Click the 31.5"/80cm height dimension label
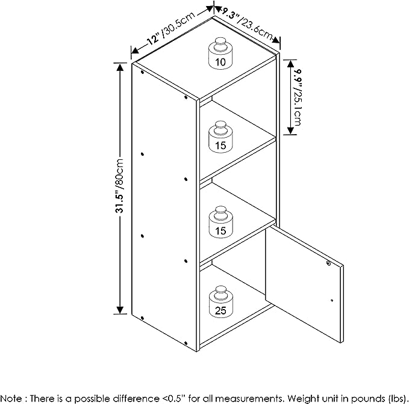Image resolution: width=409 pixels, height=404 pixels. coord(120,186)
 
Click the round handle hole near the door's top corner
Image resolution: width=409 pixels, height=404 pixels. coord(328,263)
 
